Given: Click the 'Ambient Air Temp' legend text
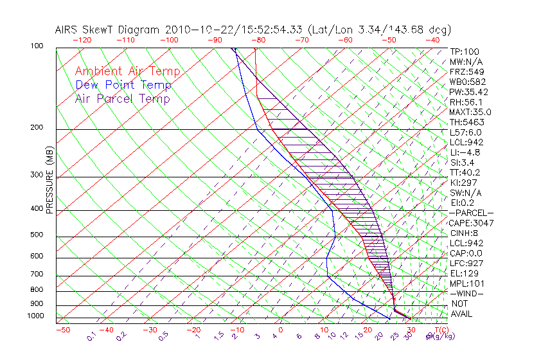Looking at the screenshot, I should pyautogui.click(x=127, y=71).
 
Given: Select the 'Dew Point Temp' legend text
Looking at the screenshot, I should pyautogui.click(x=123, y=85).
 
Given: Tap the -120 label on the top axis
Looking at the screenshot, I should pyautogui.click(x=82, y=40).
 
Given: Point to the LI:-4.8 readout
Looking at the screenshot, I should pyautogui.click(x=465, y=152).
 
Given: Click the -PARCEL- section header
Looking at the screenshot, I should pyautogui.click(x=472, y=213).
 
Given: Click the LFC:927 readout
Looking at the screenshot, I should pyautogui.click(x=465, y=264).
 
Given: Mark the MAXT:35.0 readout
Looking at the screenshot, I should pyautogui.click(x=469, y=112).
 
